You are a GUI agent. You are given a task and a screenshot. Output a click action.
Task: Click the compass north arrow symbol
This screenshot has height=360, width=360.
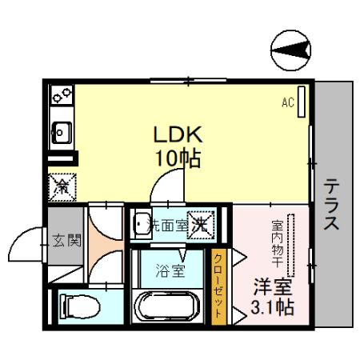[x=290, y=52]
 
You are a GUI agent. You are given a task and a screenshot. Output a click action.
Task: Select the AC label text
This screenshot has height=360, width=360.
[x=287, y=102]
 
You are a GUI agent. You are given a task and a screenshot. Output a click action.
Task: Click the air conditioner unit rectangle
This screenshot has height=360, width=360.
[x=302, y=102]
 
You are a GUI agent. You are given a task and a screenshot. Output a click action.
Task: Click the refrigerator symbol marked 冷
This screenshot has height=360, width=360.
[x=62, y=186]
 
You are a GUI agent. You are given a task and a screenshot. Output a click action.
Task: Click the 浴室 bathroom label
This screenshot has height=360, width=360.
[x=169, y=270]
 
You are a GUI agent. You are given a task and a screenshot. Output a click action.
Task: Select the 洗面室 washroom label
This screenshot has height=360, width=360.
[x=170, y=225]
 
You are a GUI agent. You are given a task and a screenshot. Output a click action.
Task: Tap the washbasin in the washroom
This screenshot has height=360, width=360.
[x=142, y=223]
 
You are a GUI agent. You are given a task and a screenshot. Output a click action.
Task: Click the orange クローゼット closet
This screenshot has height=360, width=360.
[x=218, y=284]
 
